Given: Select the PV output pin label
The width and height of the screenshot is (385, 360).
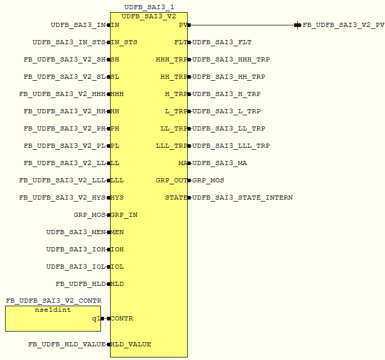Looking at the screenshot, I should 183,25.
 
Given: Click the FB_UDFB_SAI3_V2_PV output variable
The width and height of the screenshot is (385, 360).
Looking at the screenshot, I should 343,25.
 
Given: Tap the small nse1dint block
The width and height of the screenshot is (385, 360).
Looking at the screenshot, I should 53,318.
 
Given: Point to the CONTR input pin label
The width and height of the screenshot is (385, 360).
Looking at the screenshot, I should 122,318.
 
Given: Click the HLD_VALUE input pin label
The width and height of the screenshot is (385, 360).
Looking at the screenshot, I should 131,344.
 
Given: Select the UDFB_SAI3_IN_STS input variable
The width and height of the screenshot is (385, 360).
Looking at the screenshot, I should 69,42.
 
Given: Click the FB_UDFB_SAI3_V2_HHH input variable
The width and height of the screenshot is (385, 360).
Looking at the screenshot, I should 62,94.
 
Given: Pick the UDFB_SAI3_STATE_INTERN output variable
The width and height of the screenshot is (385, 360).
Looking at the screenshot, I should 242,198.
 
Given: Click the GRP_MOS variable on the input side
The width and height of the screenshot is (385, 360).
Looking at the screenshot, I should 89,215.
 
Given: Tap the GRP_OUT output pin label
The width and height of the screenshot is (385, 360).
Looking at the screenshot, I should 171,180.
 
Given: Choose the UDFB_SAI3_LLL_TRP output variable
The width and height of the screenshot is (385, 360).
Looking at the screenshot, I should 231,146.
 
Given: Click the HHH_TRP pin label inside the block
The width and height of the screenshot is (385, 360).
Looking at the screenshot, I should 171,59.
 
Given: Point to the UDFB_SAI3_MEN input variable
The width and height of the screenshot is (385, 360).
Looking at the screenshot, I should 76,232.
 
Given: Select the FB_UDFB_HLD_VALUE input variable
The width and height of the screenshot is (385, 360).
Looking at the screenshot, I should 67,344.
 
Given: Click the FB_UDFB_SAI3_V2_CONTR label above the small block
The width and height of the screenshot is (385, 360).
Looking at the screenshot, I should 54,301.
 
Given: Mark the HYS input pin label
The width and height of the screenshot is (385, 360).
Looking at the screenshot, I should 117,198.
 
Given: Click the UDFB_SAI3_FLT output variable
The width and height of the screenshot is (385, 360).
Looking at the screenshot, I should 222,42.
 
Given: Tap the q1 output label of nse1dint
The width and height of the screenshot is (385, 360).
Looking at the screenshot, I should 95,318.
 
